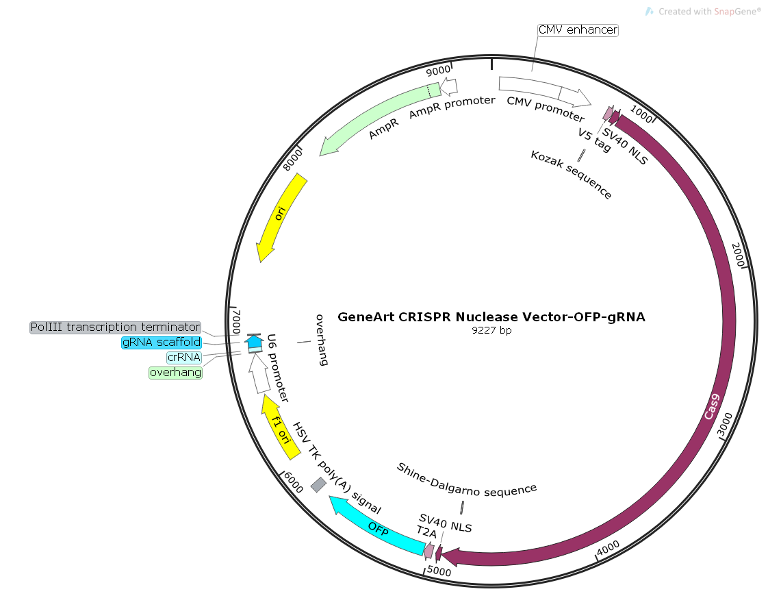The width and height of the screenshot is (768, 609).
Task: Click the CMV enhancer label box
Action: pyautogui.click(x=578, y=30)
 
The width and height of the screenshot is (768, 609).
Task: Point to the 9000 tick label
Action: pyautogui.click(x=439, y=70)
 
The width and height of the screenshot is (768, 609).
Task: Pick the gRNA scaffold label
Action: pyautogui.click(x=162, y=342)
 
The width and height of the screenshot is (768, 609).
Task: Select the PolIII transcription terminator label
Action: pyautogui.click(x=115, y=327)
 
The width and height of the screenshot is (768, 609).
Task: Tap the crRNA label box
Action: pyautogui.click(x=184, y=357)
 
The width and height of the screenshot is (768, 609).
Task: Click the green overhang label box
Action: pyautogui.click(x=176, y=373)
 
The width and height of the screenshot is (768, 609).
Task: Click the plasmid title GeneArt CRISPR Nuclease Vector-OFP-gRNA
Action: pyautogui.click(x=491, y=317)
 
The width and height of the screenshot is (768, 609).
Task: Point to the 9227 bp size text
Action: pyautogui.click(x=491, y=330)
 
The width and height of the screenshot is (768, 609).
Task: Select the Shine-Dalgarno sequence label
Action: pyautogui.click(x=467, y=479)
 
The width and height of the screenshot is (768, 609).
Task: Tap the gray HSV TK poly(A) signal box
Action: pyautogui.click(x=318, y=485)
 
